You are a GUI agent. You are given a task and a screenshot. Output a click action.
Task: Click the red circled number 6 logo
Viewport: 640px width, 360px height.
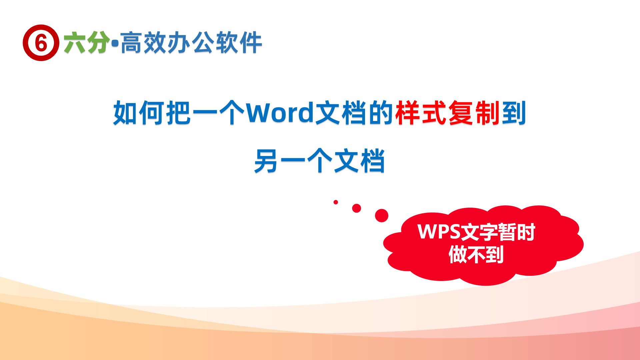coord(41,43)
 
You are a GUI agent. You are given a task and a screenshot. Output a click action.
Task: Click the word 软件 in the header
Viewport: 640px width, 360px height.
coord(239,43)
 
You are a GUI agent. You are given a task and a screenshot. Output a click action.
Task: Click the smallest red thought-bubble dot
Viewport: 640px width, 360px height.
coord(336,202)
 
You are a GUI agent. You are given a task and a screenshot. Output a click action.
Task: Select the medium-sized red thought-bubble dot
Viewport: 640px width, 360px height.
coord(356,208)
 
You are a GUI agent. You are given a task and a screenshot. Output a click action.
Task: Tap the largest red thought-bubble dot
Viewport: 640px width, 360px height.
coord(382,216)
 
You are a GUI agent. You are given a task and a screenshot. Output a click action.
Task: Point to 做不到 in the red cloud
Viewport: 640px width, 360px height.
coord(476,255)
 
